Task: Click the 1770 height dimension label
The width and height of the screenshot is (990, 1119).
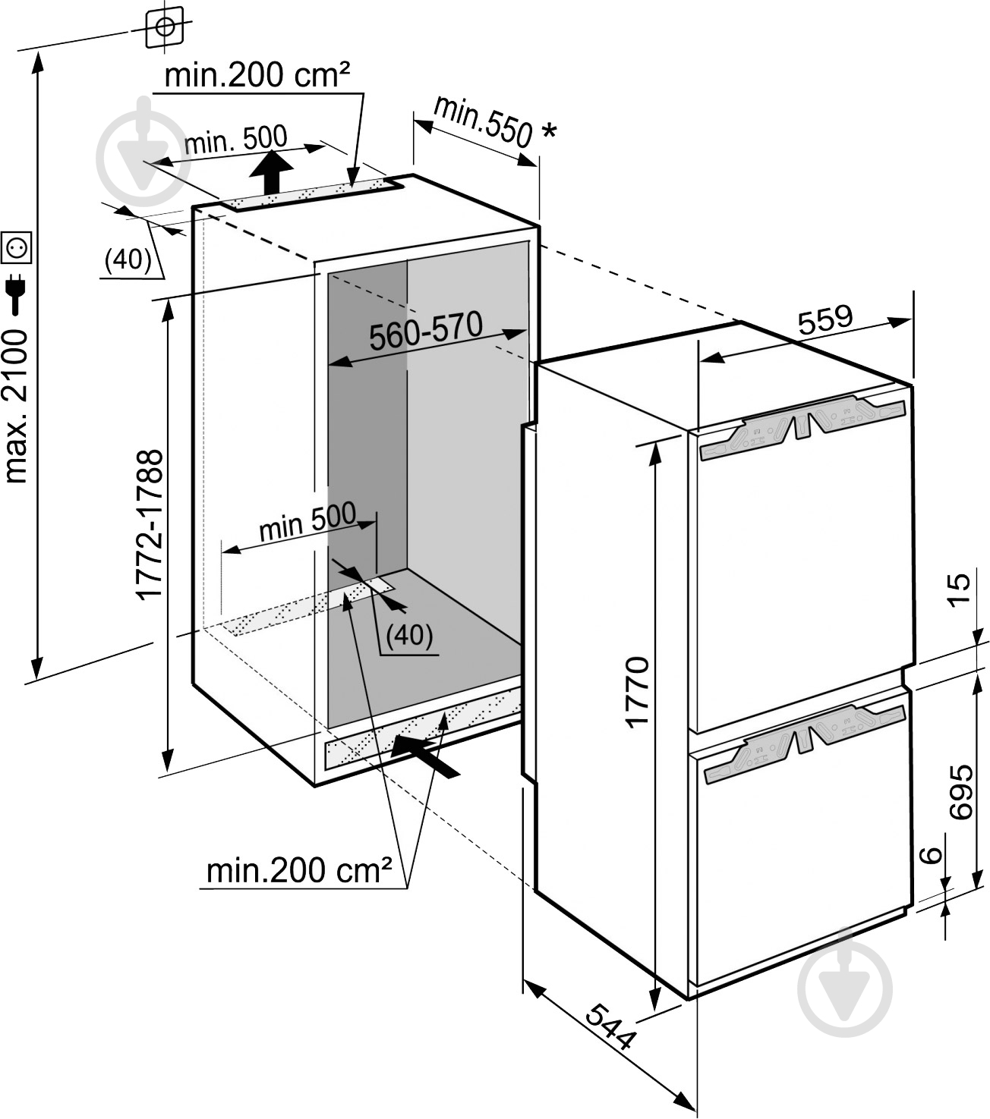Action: (x=638, y=692)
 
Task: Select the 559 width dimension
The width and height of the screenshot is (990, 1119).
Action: (x=825, y=319)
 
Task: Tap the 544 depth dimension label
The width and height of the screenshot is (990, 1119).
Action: (x=611, y=1026)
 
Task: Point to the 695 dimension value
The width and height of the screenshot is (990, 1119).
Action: (x=960, y=791)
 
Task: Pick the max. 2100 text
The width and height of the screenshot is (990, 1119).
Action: (x=16, y=406)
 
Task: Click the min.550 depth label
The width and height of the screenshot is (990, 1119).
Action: (x=482, y=121)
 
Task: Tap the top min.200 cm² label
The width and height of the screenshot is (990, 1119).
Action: (x=257, y=75)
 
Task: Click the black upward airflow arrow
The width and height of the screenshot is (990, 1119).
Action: (x=271, y=172)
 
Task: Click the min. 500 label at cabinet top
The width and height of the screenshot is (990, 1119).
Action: (x=236, y=140)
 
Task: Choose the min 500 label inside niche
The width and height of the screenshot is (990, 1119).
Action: (x=307, y=521)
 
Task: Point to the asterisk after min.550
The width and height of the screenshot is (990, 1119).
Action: (x=548, y=133)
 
